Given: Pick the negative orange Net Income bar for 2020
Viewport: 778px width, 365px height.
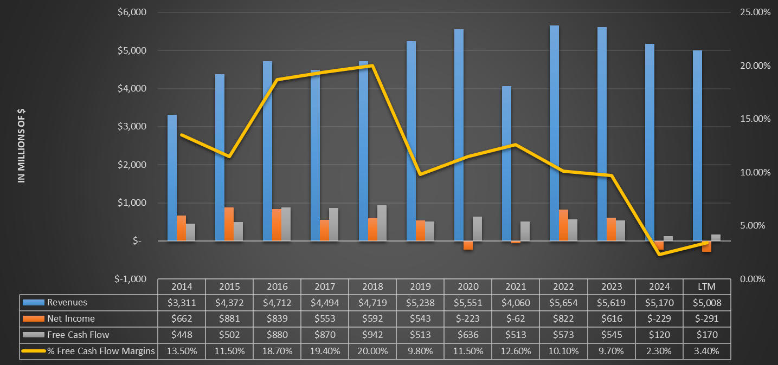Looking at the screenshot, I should point(468,245).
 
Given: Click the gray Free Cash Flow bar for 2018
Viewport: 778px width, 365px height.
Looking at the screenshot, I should point(382,223).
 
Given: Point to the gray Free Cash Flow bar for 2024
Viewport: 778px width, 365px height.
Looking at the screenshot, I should point(668,239).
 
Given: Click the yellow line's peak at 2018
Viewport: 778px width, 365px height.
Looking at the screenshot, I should point(372,66).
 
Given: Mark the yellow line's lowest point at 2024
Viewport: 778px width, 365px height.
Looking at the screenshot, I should point(659,254).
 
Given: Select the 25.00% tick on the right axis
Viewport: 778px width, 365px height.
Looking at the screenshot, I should point(755,12).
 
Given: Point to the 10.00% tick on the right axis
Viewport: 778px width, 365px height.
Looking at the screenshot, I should point(755,172).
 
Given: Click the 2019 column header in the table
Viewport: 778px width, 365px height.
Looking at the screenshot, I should point(420,286).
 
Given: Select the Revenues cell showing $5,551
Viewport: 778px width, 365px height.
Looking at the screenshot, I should point(468,303).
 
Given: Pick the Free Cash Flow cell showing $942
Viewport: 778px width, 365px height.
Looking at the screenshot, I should point(372,335).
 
